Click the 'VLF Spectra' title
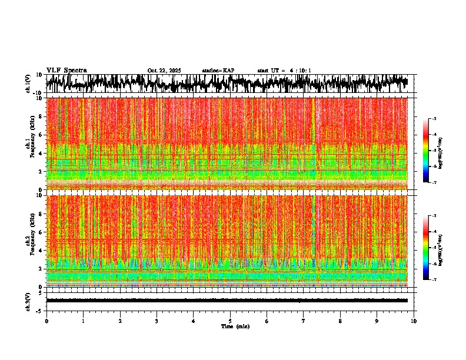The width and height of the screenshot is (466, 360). [66, 70]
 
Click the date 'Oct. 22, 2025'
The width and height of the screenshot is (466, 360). [164, 71]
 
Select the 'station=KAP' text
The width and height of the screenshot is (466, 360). [218, 71]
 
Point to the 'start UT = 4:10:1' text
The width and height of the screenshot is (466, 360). [284, 71]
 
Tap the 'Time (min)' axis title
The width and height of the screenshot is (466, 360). [235, 326]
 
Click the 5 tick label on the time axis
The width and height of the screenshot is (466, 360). [230, 321]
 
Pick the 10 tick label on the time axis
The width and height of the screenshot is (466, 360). [414, 321]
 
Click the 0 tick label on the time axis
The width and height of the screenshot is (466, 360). [46, 321]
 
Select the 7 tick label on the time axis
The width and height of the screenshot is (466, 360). [304, 321]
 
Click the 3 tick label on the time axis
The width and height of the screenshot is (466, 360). [157, 321]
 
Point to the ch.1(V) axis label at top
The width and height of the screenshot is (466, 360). [28, 84]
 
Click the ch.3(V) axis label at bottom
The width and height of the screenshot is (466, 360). [28, 300]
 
